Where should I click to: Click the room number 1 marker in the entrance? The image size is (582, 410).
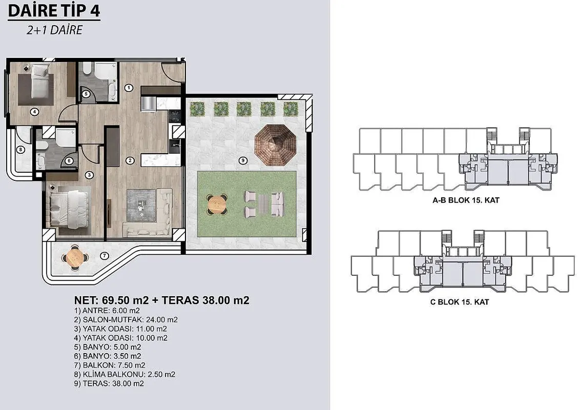click(x=129, y=88)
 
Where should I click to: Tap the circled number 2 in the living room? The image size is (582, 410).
click(x=130, y=160)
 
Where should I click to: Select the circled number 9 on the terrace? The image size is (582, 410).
click(x=243, y=160)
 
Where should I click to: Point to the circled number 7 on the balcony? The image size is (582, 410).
click(x=105, y=256)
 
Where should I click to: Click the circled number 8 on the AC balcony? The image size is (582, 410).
click(x=20, y=150)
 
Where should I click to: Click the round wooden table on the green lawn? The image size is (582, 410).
click(x=217, y=203)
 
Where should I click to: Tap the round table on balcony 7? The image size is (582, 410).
click(x=75, y=257)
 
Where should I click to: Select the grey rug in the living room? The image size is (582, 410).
click(x=141, y=206)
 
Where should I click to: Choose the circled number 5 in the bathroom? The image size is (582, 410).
click(x=86, y=94)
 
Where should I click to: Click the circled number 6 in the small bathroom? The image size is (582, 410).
click(x=69, y=161)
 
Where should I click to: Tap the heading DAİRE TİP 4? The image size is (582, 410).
click(x=54, y=10)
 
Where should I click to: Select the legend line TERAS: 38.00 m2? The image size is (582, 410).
click(x=109, y=384)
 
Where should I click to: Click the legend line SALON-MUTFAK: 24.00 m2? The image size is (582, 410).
click(x=126, y=320)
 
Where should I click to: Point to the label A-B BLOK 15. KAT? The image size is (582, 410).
click(x=466, y=200)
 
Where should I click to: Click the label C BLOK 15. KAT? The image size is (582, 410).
click(x=460, y=302)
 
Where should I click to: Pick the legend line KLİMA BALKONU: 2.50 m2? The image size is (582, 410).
click(x=124, y=374)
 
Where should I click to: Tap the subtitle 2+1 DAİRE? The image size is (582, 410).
click(x=54, y=30)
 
